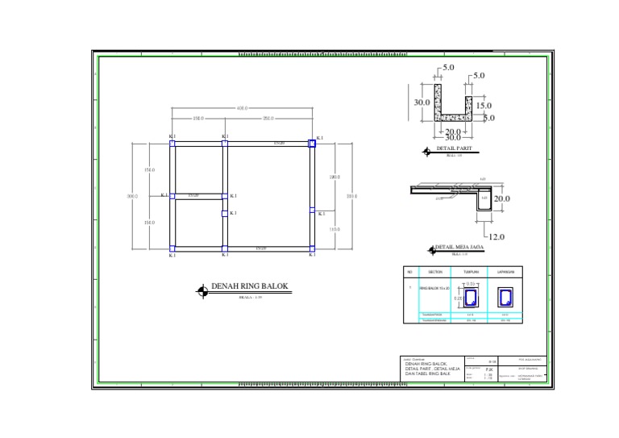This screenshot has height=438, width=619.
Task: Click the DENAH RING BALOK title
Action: point(249,286)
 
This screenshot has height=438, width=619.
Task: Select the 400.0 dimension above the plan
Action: point(242,108)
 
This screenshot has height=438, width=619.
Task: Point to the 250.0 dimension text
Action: point(268,119)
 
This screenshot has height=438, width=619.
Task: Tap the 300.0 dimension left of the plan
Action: point(133,195)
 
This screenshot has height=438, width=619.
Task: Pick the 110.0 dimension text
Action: point(334,229)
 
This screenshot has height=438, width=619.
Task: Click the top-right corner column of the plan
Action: point(312,143)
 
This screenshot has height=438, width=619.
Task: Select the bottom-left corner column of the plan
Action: point(172,248)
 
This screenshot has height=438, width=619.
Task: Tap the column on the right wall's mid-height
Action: point(312,210)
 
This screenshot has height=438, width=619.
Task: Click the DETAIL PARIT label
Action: point(454,149)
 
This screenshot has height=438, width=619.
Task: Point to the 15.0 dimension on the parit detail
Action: point(484,106)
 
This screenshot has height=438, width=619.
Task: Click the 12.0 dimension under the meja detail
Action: point(496,237)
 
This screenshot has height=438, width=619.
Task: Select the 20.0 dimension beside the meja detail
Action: point(502,198)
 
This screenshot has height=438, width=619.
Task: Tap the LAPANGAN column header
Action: point(505,272)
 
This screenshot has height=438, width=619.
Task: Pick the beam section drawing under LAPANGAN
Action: point(505,295)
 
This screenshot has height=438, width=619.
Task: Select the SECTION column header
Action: point(436,272)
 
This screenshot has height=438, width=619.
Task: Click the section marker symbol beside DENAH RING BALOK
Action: point(202,292)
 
